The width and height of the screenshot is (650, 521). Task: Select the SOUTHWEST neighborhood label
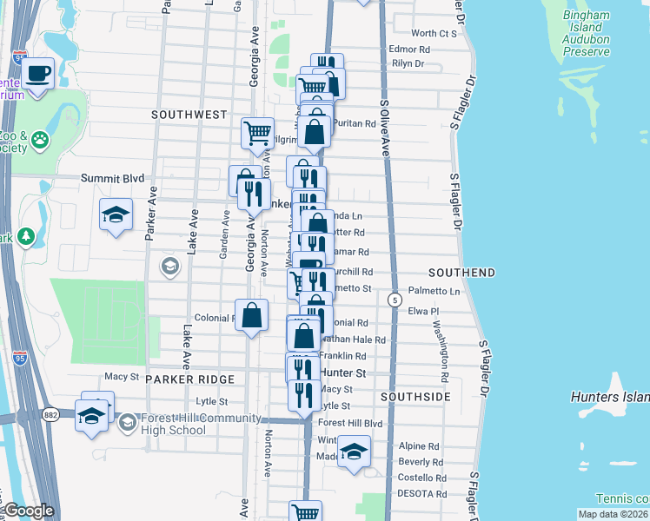[x=189, y=115]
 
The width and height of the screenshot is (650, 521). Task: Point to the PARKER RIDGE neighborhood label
[x=190, y=379]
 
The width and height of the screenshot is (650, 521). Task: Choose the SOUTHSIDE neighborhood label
[x=415, y=397]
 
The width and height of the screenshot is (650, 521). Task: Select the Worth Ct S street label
[x=434, y=33]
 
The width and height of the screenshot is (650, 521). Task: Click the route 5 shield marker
[x=395, y=300]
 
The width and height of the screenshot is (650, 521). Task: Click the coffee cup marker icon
[x=37, y=73]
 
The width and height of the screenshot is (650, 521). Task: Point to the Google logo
[x=28, y=511]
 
